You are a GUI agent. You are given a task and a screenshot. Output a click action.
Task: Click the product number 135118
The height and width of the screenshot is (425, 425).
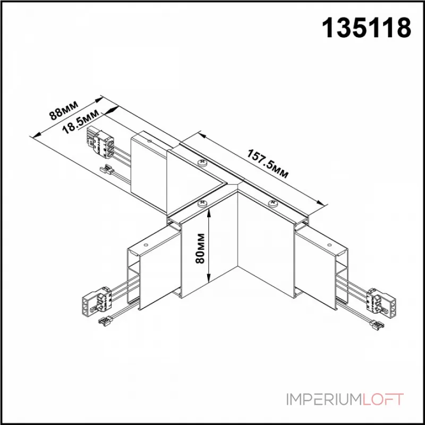[368, 27]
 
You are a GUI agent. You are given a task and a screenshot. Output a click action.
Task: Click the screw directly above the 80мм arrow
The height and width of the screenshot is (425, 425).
[202, 202]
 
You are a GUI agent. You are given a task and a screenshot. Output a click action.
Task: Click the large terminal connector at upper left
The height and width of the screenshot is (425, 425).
[101, 142]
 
